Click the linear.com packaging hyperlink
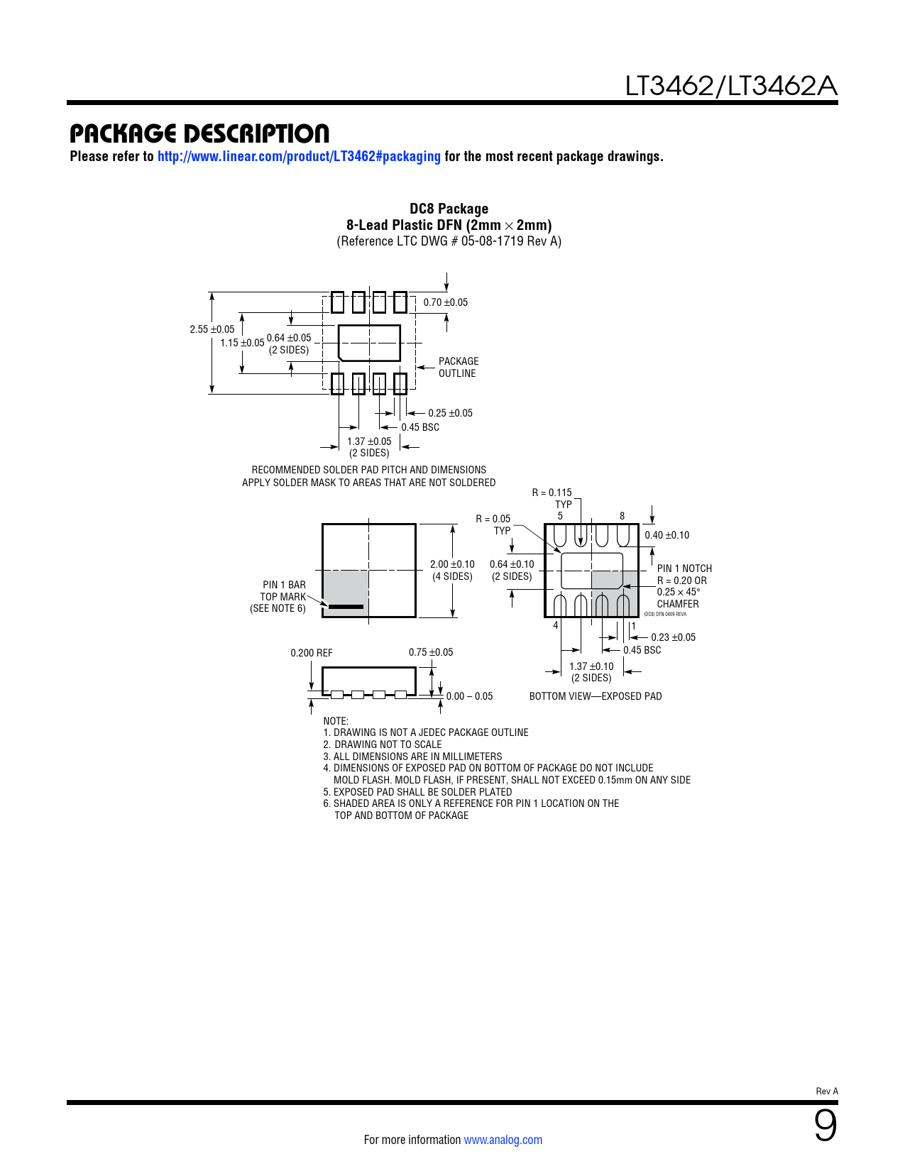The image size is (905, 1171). [299, 156]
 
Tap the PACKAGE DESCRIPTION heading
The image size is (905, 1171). [199, 133]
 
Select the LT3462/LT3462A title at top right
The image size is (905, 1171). [730, 87]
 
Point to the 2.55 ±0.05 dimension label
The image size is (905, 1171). [212, 329]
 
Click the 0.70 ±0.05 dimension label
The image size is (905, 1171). [446, 302]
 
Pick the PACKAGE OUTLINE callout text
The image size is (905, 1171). [458, 368]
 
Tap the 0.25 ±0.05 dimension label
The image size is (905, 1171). [450, 413]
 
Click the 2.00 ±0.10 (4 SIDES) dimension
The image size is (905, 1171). [452, 570]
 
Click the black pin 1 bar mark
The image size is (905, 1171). [346, 607]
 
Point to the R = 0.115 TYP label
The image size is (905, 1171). [553, 498]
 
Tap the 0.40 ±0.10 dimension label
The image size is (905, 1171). [667, 535]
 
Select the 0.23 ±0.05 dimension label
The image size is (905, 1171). [673, 637]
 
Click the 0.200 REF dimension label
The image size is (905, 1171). [311, 653]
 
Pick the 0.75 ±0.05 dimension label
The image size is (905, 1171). [430, 652]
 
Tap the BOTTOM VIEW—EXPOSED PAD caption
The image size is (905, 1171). [596, 696]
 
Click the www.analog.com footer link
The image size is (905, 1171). [503, 1140]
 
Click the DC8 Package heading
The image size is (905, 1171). [449, 209]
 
